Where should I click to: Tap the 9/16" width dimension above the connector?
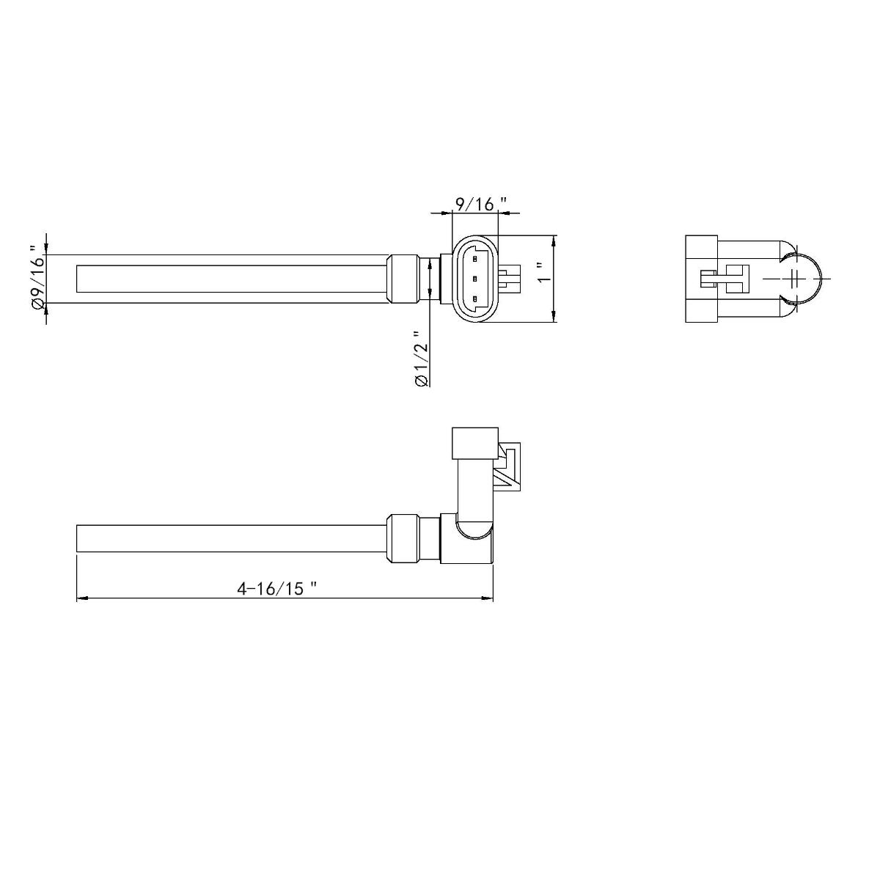tap(480, 204)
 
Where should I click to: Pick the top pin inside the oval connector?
tap(475, 258)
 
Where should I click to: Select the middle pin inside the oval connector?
tap(475, 279)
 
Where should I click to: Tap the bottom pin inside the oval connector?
tap(475, 298)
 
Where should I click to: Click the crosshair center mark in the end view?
tap(795, 279)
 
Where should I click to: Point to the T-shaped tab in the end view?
tap(726, 279)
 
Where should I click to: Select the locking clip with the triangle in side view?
tap(508, 466)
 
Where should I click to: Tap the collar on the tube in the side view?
tap(402, 539)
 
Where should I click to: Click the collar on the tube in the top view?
tap(402, 279)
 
